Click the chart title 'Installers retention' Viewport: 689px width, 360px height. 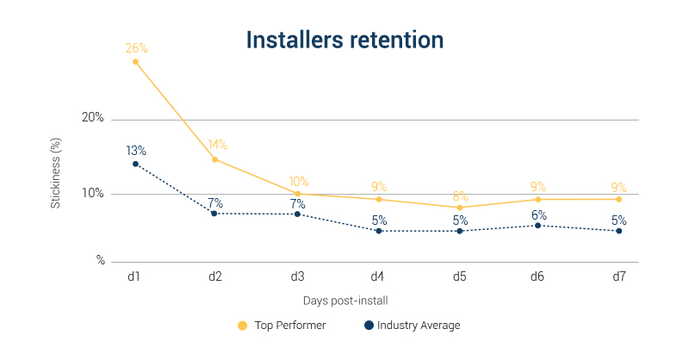pos(344,40)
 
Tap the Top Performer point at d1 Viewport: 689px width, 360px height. pos(135,61)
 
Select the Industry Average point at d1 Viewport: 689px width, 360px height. pos(135,164)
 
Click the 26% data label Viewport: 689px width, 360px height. pos(136,47)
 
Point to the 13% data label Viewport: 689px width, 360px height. pos(136,150)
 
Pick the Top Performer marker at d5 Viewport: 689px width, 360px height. pos(459,208)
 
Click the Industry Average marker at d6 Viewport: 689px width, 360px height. pos(538,226)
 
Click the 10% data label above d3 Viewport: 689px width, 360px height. pos(298,182)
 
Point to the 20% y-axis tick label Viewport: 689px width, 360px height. pos(93,118)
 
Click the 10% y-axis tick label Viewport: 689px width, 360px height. pos(93,193)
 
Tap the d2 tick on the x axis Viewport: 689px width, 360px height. pos(215,276)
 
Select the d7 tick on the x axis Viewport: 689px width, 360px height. pos(618,276)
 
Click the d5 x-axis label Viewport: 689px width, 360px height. pos(459,276)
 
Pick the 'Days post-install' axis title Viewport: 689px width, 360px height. pos(344,301)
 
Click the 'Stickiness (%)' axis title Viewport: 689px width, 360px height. pos(55,177)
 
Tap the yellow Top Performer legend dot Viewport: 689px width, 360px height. pos(242,326)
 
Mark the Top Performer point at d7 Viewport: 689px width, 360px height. pos(618,199)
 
